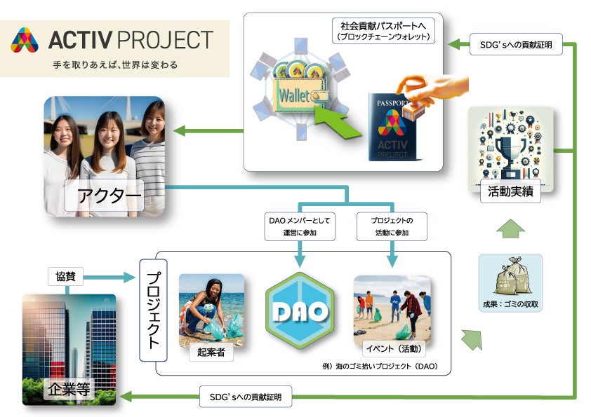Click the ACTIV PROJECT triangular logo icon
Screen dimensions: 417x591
(25, 41)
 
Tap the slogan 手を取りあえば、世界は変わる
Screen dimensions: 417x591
(115, 65)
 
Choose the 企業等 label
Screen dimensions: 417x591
(69, 390)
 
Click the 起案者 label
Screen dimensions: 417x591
(211, 353)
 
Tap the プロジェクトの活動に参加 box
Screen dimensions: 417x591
(391, 225)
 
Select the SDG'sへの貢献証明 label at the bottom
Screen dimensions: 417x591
(245, 397)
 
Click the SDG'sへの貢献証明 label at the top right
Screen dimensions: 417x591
(510, 45)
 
